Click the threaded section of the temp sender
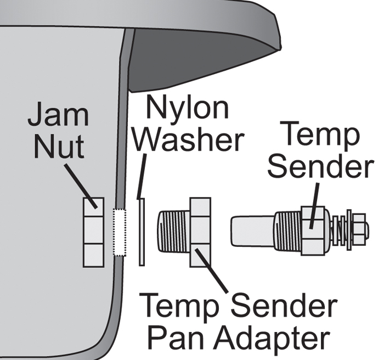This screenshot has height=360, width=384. tap(288, 231)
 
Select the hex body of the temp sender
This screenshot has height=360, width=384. tap(312, 231)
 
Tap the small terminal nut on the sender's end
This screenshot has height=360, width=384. tap(359, 230)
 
